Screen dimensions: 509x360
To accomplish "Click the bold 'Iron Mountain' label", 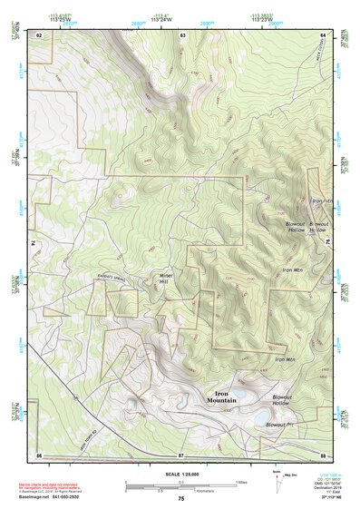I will point(221,397).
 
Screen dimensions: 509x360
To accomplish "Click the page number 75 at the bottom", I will point(181,499).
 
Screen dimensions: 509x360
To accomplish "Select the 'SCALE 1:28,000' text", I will point(180,475).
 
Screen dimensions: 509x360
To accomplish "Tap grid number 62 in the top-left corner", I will point(39,34).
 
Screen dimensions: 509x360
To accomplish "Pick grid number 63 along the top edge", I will point(182,34).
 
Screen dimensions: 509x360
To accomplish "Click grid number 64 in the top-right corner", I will point(324,34).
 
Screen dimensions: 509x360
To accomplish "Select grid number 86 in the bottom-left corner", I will point(39,454).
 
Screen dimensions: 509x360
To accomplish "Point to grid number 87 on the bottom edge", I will point(181,454).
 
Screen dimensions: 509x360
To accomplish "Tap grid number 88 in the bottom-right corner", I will point(323,454).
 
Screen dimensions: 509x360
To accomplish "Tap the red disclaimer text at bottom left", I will point(58,487).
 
